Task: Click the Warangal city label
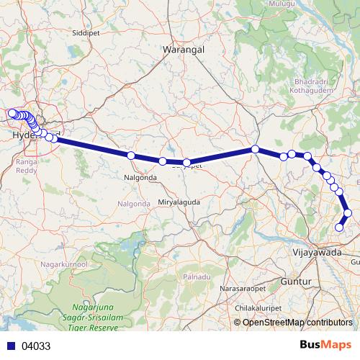(x=184, y=49)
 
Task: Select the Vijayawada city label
(x=318, y=253)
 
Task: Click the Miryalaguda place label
(x=177, y=204)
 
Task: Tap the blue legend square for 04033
(x=7, y=346)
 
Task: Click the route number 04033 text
(x=36, y=346)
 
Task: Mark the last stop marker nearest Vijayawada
(x=340, y=228)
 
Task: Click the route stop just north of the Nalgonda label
(x=131, y=156)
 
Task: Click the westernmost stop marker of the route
(x=11, y=112)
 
